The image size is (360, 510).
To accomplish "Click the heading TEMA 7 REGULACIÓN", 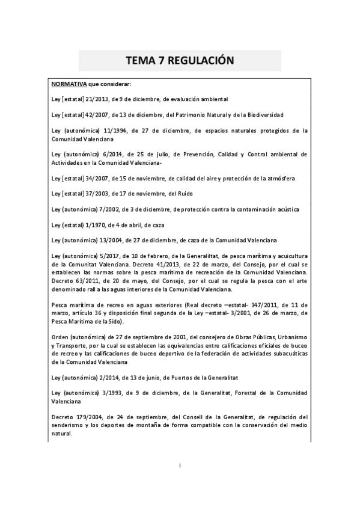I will click(x=180, y=61).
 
